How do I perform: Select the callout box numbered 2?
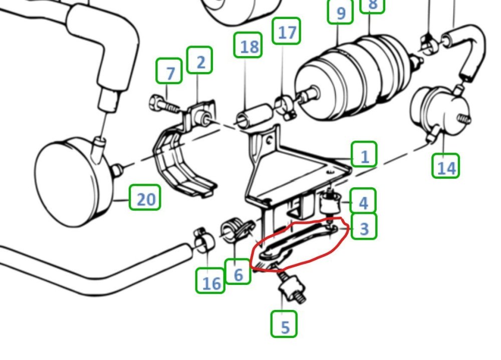pyautogui.click(x=199, y=60)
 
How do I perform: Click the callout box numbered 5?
pyautogui.click(x=284, y=324)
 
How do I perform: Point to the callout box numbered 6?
pyautogui.click(x=237, y=271)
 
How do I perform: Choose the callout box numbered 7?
pyautogui.click(x=169, y=71)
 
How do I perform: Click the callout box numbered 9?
pyautogui.click(x=341, y=12)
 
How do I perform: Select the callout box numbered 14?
pyautogui.click(x=446, y=165)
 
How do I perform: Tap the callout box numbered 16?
pyautogui.click(x=210, y=281)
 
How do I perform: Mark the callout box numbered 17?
pyautogui.click(x=287, y=31)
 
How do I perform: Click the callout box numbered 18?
pyautogui.click(x=248, y=45)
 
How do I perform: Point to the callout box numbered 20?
pyautogui.click(x=145, y=197)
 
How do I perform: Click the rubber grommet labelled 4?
pyautogui.click(x=330, y=202)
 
